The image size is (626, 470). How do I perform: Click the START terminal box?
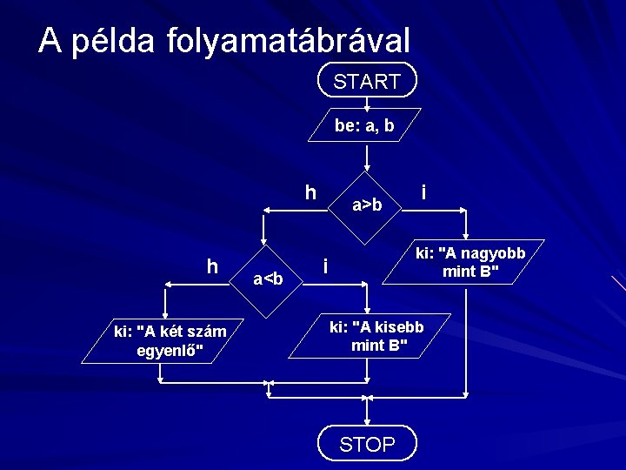(367, 81)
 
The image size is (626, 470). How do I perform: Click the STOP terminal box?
(367, 444)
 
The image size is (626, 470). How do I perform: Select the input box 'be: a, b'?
(365, 125)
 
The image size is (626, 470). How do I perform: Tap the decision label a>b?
(367, 205)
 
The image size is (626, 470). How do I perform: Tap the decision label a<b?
(268, 279)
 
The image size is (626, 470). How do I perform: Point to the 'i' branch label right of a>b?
(423, 191)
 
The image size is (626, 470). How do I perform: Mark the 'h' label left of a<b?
(212, 265)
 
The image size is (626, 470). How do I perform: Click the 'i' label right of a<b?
(324, 265)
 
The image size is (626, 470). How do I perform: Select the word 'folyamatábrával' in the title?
(286, 41)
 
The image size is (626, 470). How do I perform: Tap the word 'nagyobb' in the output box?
(489, 254)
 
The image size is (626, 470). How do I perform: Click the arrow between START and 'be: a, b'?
(367, 102)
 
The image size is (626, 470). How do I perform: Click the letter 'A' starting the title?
(50, 41)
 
